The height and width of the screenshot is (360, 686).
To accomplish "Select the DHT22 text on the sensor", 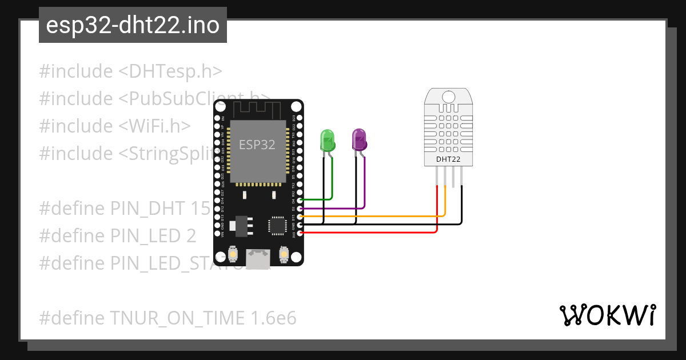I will [448, 159].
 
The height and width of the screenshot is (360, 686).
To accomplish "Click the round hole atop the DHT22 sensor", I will [448, 98].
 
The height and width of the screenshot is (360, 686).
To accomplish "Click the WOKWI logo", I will [607, 315].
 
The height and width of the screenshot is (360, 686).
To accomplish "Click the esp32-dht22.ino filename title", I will [133, 26].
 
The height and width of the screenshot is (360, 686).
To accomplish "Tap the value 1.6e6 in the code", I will [273, 318].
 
